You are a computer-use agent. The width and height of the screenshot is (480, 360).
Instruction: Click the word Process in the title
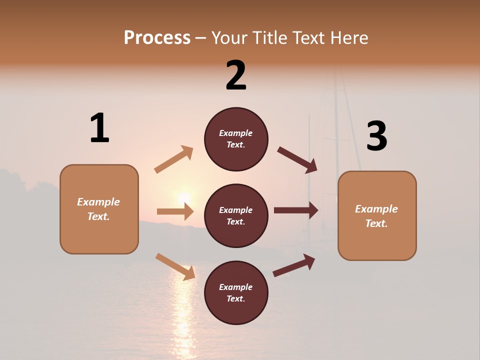157,37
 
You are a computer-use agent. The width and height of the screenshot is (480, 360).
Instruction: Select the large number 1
99,128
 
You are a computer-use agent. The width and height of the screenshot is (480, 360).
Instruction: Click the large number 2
236,75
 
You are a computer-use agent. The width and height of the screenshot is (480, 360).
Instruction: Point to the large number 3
376,136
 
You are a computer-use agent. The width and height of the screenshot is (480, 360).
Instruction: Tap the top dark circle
236,139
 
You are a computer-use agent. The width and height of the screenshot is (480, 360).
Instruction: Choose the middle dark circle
236,215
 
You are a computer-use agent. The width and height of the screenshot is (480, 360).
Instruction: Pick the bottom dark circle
236,292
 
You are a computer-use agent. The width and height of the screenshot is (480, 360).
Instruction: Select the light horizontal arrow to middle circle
175,211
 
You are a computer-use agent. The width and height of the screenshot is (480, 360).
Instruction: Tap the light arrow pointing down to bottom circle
175,266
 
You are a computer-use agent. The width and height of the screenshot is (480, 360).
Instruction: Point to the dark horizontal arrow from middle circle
295,210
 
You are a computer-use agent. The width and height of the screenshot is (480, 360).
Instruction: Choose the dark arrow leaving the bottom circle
294,265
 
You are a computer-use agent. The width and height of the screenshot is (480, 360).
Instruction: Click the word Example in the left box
98,202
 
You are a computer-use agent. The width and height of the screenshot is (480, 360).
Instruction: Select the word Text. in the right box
376,223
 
